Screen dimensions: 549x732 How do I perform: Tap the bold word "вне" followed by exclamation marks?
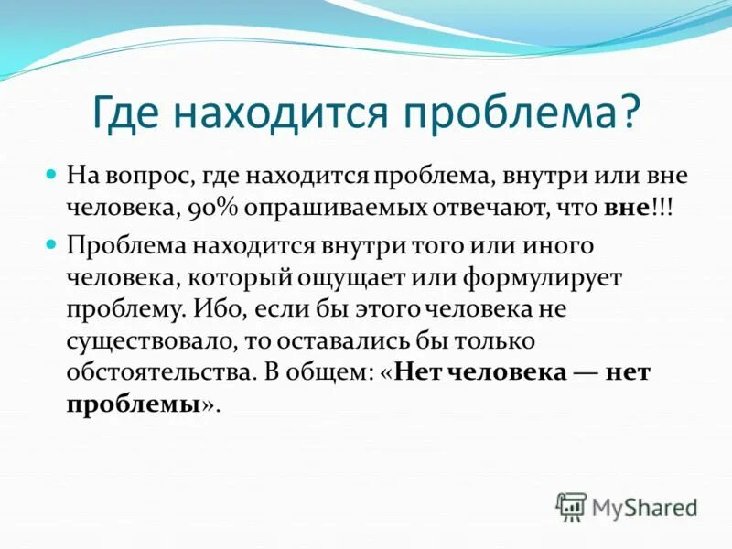[626, 208]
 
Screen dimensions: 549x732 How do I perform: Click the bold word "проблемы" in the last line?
[133, 406]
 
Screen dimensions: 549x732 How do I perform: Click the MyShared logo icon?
[572, 506]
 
